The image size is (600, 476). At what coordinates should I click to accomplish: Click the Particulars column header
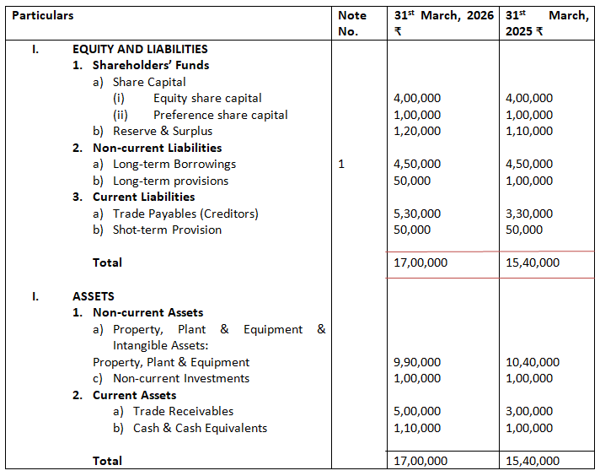point(43,15)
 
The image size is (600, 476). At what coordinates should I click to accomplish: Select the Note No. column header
point(351,23)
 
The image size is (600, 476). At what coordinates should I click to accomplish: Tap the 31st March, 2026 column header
point(443,23)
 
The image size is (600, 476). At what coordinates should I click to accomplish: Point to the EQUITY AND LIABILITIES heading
point(140,49)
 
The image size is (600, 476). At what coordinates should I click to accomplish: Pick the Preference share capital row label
point(220,115)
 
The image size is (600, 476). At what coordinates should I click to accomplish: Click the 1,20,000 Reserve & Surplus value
point(417,131)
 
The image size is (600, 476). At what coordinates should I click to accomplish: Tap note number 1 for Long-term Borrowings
point(340,164)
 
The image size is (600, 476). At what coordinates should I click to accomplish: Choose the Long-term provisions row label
point(170,181)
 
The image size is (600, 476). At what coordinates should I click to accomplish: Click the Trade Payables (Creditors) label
point(185,214)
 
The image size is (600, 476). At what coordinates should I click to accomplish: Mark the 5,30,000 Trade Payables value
point(417,214)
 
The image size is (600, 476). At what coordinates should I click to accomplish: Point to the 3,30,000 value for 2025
point(529,214)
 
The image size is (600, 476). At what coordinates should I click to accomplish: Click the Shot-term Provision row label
point(167,230)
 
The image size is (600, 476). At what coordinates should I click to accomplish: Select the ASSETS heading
point(94,296)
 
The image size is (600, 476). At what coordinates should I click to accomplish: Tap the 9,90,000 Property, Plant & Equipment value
point(417,362)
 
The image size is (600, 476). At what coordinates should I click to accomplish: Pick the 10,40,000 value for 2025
point(533,362)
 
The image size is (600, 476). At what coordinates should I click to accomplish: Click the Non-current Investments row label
point(180,378)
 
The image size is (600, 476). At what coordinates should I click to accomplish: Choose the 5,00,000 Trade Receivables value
point(417,411)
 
